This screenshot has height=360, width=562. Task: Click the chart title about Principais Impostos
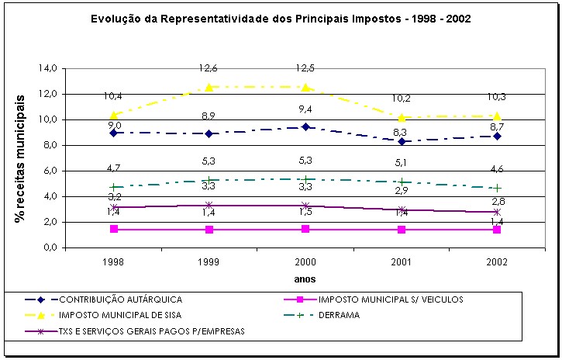[281, 18]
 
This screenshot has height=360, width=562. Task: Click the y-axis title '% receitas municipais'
[21, 158]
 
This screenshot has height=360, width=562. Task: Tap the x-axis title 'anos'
[305, 279]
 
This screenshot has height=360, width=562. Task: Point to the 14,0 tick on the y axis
[48, 68]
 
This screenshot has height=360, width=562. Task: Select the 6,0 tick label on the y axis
[48, 171]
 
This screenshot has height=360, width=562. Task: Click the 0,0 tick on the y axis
[48, 247]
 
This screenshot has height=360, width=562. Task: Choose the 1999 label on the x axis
[209, 262]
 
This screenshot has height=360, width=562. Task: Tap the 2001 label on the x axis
[401, 262]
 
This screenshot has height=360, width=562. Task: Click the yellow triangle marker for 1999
[209, 87]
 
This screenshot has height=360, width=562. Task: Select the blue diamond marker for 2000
[305, 127]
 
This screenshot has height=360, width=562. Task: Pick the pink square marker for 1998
[114, 230]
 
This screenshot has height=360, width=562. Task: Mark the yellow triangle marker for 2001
[401, 117]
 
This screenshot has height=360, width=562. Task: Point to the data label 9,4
[305, 109]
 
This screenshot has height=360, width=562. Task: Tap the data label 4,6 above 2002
[496, 169]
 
